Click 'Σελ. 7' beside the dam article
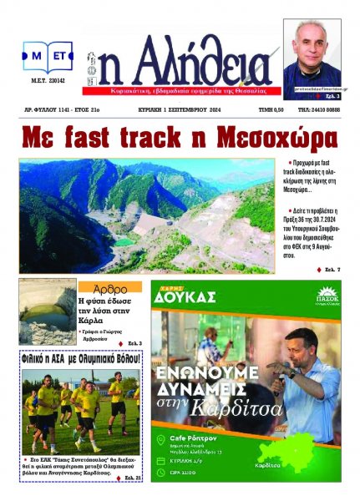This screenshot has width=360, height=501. point(328,269)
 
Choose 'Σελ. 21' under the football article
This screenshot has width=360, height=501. point(128,477)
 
